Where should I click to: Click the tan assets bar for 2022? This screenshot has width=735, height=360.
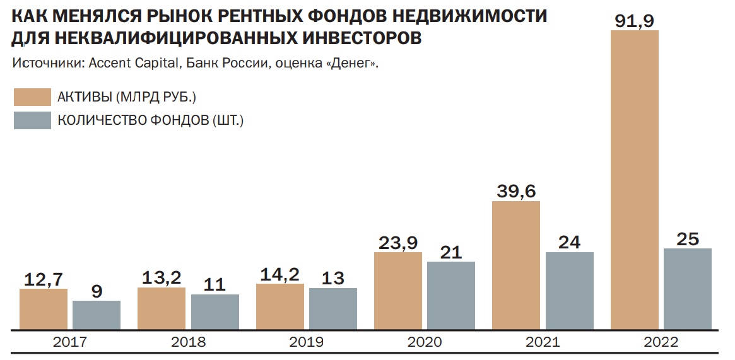(x=635, y=180)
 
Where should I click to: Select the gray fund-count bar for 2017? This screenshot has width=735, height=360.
(x=97, y=315)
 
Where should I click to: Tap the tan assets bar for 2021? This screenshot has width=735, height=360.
(x=516, y=265)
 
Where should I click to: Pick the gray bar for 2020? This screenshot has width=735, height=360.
(x=451, y=295)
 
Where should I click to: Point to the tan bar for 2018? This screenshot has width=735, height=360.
(x=162, y=308)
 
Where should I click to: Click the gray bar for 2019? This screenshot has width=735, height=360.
(x=333, y=308)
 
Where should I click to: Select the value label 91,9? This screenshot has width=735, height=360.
(x=635, y=19)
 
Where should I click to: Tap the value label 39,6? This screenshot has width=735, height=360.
(x=516, y=190)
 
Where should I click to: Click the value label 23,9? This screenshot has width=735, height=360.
(x=397, y=241)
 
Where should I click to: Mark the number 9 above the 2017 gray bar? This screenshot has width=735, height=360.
(x=97, y=291)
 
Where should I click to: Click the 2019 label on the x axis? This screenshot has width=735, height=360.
(x=306, y=342)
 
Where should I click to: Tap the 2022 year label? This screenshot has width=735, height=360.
(x=661, y=342)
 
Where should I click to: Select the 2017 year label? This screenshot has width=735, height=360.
(x=69, y=342)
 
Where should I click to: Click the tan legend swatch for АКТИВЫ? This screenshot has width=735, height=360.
(x=32, y=96)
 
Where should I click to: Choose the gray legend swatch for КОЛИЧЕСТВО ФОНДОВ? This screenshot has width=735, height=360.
(x=32, y=120)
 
